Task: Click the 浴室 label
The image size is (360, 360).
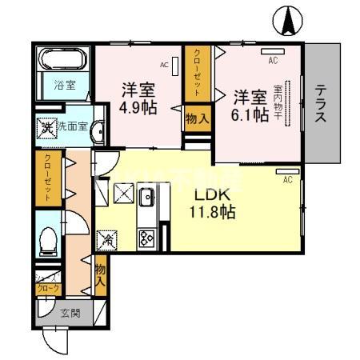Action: click(63, 83)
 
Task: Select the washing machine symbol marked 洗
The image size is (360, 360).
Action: click(48, 127)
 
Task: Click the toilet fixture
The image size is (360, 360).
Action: click(48, 238)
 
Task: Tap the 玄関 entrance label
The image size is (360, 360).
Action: click(70, 314)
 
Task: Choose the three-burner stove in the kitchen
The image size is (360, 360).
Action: click(148, 237)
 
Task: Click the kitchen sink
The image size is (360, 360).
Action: click(147, 199)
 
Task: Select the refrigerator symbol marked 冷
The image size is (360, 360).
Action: click(106, 238)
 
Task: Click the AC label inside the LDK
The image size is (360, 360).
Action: click(287, 179)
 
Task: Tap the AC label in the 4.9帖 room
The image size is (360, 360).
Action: click(163, 65)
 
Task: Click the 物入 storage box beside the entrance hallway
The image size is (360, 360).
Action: click(101, 276)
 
